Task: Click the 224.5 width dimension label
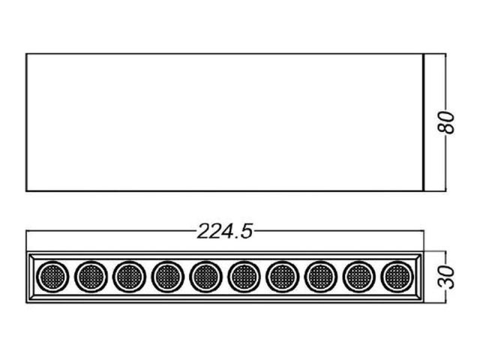coord(225,232)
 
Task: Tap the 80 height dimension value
coord(446,122)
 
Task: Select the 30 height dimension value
coord(446,277)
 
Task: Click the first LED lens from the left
coord(52,277)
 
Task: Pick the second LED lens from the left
coord(91,277)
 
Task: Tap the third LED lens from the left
coord(129,277)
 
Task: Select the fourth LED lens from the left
coord(167,277)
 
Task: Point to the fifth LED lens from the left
coord(205,277)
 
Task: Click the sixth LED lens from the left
coord(244,277)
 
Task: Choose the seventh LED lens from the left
coord(282,277)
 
